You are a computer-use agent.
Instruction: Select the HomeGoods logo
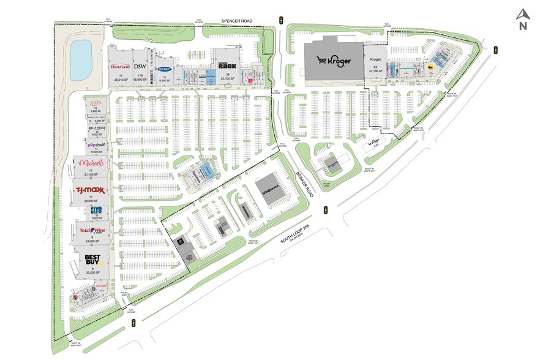[119, 66]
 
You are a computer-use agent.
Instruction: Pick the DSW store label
[140, 66]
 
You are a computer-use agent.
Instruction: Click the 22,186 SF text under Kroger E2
[376, 71]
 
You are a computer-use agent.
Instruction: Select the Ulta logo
[95, 102]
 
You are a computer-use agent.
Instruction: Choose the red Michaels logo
[90, 164]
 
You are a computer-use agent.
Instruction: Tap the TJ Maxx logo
[91, 190]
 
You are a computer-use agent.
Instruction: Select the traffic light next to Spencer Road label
[281, 20]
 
